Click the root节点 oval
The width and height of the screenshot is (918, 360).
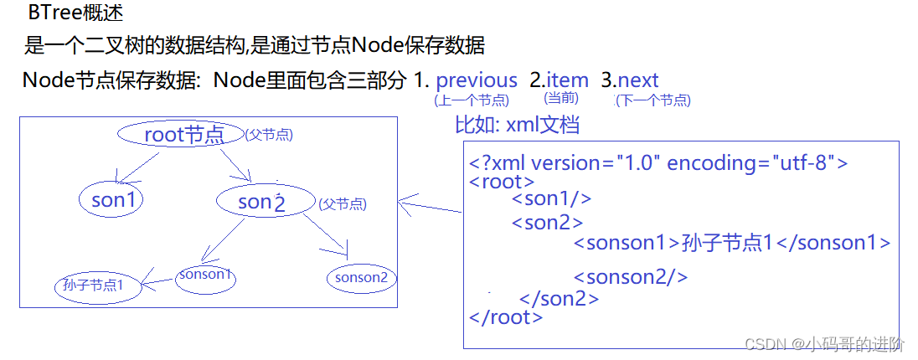[x=180, y=134]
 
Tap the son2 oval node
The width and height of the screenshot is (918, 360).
[x=264, y=201]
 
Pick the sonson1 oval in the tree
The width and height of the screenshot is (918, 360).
[x=205, y=275]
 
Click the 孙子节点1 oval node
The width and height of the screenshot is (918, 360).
[x=94, y=285]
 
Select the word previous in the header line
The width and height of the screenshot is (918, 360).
[x=477, y=80]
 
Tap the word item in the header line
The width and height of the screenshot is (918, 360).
[x=567, y=80]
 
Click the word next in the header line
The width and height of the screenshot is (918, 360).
[x=638, y=80]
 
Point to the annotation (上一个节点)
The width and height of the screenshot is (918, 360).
[x=472, y=100]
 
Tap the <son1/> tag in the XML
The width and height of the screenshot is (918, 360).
[x=552, y=198]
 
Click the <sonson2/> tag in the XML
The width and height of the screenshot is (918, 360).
[x=631, y=277]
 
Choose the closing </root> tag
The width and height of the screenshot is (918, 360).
[x=507, y=317]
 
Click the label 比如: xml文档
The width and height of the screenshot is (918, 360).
[x=517, y=126]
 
